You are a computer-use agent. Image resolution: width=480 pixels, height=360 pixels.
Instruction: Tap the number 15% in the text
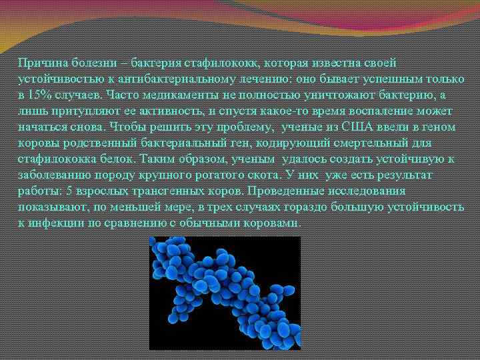point(39,95)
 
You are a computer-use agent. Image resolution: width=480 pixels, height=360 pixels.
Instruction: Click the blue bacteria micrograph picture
point(224,293)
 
